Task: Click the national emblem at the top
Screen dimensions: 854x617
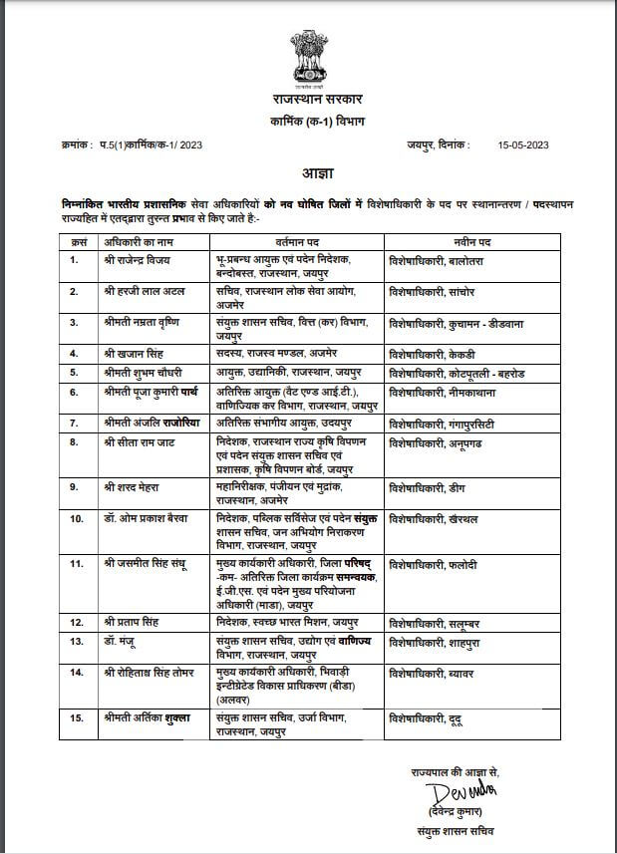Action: [x=307, y=58]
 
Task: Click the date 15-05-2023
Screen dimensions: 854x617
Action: [x=523, y=145]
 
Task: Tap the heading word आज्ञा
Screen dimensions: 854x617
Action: [x=308, y=173]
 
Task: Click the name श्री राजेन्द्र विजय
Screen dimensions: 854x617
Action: [x=137, y=259]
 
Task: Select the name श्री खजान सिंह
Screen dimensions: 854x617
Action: [x=131, y=353]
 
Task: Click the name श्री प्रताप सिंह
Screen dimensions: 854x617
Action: [x=131, y=621]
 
